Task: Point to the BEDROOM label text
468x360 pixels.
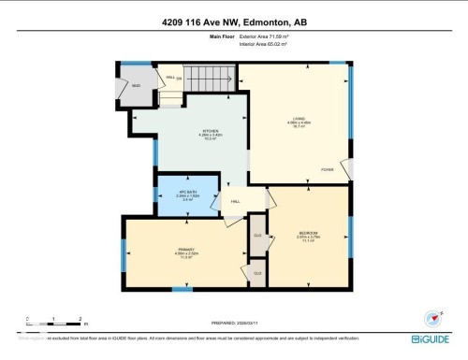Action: (309, 233)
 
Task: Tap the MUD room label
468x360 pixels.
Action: (135, 84)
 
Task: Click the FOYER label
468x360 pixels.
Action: (328, 169)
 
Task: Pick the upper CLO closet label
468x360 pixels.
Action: (257, 235)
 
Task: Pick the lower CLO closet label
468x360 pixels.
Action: (257, 272)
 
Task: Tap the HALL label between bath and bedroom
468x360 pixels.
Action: (237, 201)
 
